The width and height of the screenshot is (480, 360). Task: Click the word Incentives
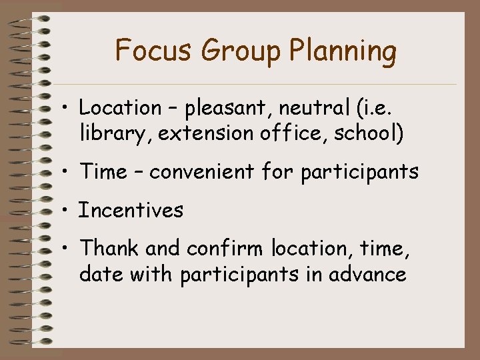[x=131, y=211]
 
